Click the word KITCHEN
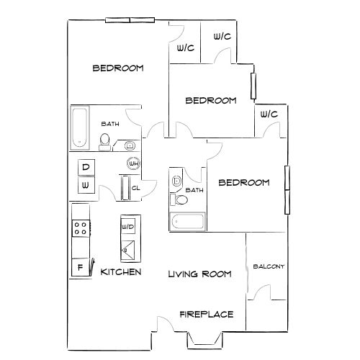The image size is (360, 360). coord(121,272)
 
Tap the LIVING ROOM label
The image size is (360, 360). coord(199,274)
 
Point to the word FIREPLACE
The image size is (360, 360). coord(207,314)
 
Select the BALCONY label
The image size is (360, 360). coord(269,266)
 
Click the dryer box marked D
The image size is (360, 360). coord(86,167)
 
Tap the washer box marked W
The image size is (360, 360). coord(86,185)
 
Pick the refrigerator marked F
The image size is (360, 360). coord(81,267)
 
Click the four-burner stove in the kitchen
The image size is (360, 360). coord(81,228)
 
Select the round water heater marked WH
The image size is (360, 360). coord(133,163)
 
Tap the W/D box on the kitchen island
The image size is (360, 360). coord(128,226)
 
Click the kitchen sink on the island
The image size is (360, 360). coord(127,250)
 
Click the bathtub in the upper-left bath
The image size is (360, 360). coord(79,127)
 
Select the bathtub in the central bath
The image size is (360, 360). coord(187,222)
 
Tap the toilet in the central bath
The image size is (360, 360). coord(179,199)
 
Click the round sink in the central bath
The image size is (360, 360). coord(177,181)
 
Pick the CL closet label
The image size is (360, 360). coord(136,188)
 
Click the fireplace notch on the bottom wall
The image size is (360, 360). coord(204,341)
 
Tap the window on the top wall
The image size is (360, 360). coord(130,20)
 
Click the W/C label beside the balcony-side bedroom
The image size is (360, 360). coord(269,114)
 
